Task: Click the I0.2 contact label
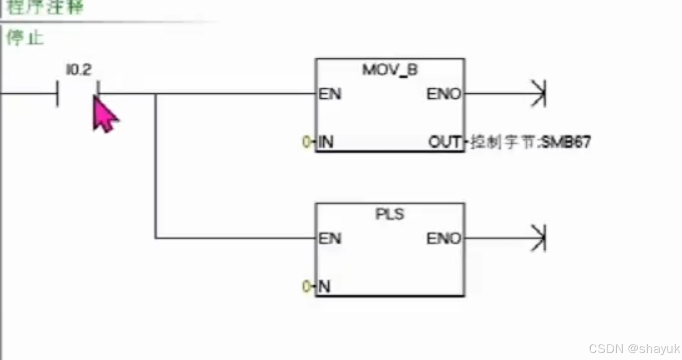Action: click(x=79, y=70)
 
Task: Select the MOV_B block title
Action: click(x=390, y=70)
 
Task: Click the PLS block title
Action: click(x=390, y=214)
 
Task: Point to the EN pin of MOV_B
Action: click(x=330, y=94)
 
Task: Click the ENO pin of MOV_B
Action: click(x=444, y=94)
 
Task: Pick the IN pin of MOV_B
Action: click(x=326, y=143)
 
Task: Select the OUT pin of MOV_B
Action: click(x=445, y=143)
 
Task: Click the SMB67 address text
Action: click(x=566, y=143)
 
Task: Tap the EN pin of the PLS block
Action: click(x=330, y=238)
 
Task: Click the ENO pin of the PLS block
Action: click(x=444, y=238)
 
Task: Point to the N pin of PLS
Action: click(x=324, y=287)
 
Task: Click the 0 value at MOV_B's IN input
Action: click(x=306, y=143)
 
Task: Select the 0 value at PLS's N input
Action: click(x=306, y=287)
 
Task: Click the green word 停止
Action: click(x=25, y=38)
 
